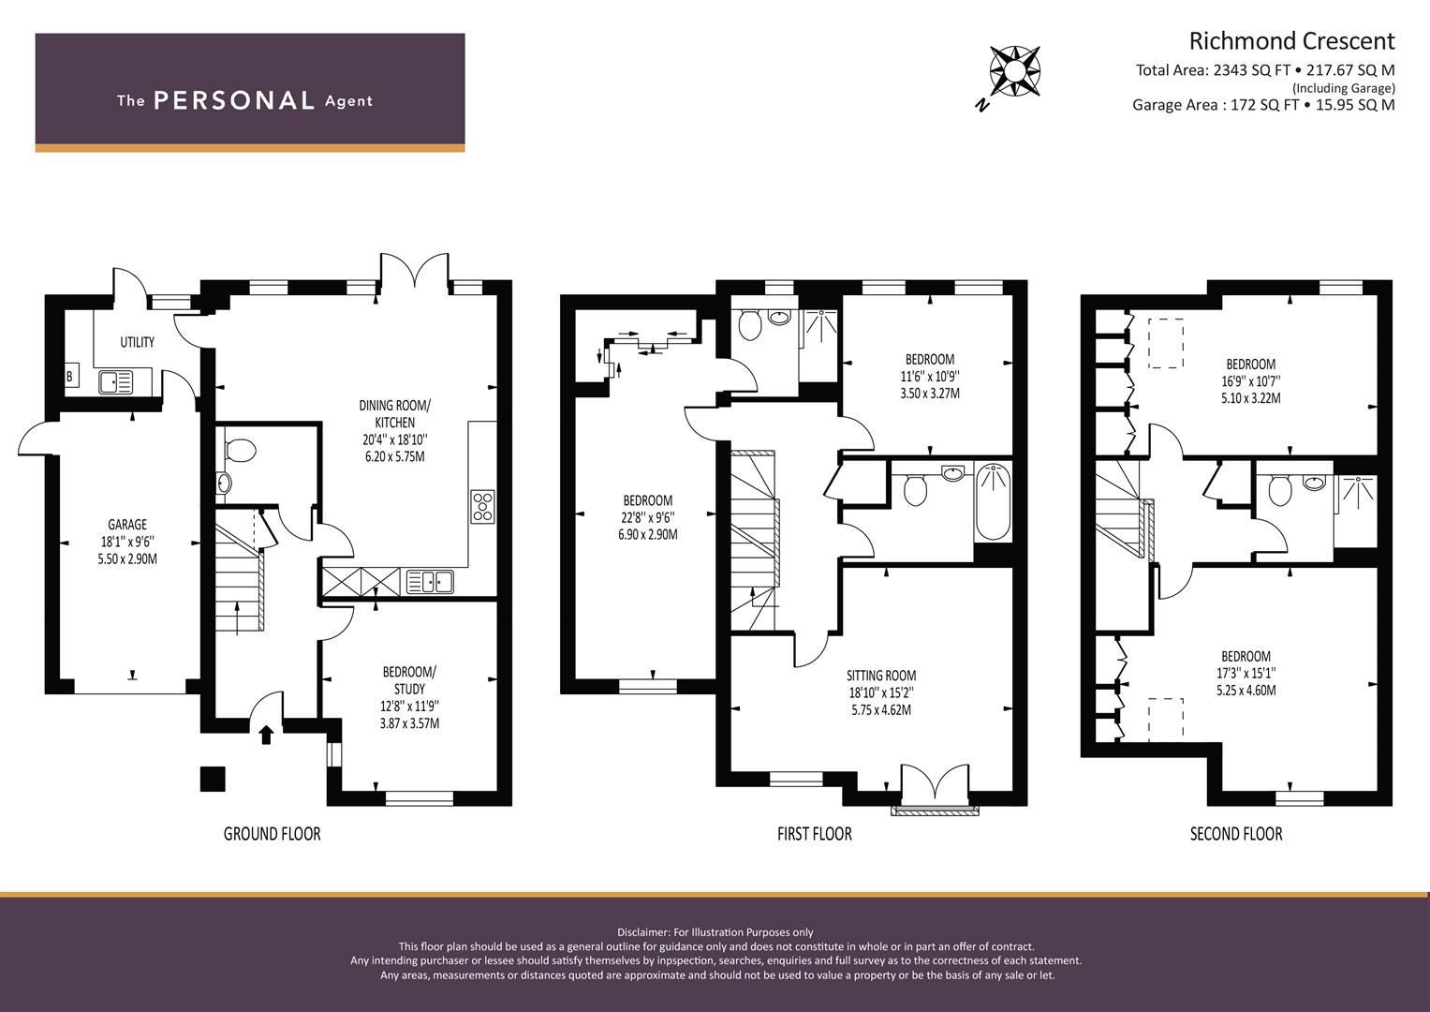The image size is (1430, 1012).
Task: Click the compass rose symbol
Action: coord(1014,71)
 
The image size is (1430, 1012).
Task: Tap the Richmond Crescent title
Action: coord(1291,41)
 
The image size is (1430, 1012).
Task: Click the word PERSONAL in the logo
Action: coord(234,100)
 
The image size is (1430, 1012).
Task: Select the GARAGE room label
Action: coord(127,525)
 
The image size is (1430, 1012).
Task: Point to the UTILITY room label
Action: coord(138,342)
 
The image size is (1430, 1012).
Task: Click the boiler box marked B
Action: coord(71,377)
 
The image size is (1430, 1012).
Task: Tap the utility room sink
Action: coord(116,382)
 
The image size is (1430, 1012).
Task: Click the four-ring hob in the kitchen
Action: coord(482,507)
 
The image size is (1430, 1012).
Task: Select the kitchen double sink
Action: coord(430,582)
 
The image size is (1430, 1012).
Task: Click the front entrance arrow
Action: coord(266,735)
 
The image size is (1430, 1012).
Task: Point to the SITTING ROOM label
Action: coord(881,676)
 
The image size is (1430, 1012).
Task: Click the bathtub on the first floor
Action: coord(993,502)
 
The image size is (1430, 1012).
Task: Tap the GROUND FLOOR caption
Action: coord(272,834)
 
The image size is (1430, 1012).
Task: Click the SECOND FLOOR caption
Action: coord(1236,834)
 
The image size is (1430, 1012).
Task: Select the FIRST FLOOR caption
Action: coord(815,834)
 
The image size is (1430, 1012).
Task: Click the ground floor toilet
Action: coord(239,450)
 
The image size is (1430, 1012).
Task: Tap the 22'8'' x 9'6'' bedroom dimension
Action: coord(648,517)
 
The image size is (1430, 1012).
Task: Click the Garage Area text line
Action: coord(1263,105)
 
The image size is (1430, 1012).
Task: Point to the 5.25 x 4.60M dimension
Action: coord(1246,690)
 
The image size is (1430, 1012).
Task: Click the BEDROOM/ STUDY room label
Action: coord(409,680)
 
